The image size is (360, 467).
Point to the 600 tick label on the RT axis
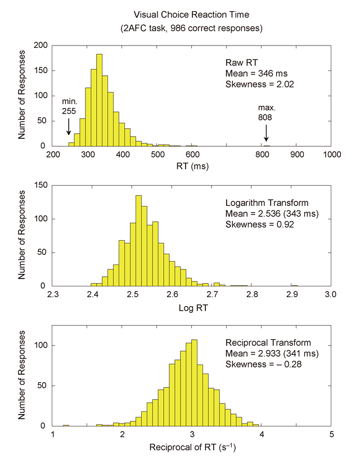click(192, 154)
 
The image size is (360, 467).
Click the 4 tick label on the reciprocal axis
click(262, 434)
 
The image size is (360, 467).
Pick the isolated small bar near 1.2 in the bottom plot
click(66, 425)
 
